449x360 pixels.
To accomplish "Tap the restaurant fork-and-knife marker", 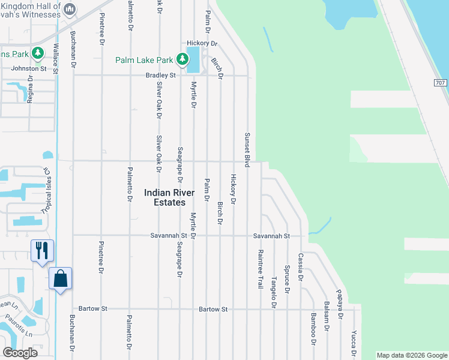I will click(x=42, y=250).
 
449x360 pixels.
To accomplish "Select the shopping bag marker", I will click(x=60, y=278).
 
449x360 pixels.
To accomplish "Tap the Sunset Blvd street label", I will click(x=246, y=150).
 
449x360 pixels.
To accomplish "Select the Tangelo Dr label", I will click(x=274, y=292).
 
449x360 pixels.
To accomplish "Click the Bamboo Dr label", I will click(x=313, y=329).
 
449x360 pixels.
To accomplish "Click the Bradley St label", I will click(x=160, y=76).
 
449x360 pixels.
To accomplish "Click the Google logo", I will click(x=20, y=353).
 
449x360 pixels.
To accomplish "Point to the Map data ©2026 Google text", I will click(x=411, y=355).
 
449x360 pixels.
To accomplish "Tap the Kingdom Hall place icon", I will click(x=70, y=8).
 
